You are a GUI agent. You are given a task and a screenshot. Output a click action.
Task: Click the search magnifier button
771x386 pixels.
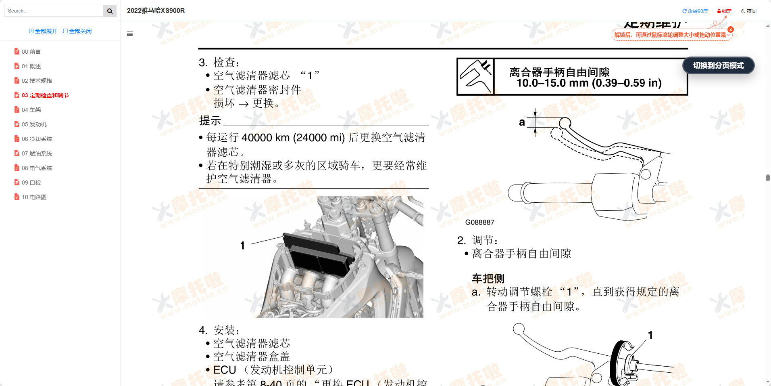pyautogui.click(x=110, y=11)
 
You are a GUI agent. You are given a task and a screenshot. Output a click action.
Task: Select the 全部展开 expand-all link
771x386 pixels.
pyautogui.click(x=43, y=31)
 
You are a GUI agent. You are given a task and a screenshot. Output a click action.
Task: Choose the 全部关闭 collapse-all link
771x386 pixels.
pyautogui.click(x=77, y=31)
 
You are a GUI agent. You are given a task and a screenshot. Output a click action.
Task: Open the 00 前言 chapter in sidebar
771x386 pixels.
pyautogui.click(x=31, y=52)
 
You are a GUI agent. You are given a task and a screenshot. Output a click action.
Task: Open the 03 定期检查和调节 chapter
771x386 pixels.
pyautogui.click(x=45, y=95)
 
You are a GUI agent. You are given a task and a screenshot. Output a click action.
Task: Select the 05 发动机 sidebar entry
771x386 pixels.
pyautogui.click(x=34, y=124)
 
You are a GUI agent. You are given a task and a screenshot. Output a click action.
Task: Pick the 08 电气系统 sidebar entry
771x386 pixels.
pyautogui.click(x=37, y=168)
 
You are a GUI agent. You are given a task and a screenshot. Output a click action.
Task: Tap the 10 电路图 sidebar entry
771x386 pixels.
pyautogui.click(x=34, y=197)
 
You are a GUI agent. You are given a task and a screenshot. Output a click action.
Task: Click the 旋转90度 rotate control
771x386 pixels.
pyautogui.click(x=695, y=11)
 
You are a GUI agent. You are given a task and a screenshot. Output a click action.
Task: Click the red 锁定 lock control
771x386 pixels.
pyautogui.click(x=724, y=11)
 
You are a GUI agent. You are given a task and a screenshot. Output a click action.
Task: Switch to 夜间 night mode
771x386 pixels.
pyautogui.click(x=749, y=11)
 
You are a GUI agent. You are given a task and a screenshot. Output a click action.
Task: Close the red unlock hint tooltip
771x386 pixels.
pyautogui.click(x=731, y=29)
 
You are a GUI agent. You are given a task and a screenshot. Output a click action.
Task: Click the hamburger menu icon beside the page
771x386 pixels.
pyautogui.click(x=130, y=34)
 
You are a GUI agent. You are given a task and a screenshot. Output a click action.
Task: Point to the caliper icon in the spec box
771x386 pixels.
pyautogui.click(x=476, y=77)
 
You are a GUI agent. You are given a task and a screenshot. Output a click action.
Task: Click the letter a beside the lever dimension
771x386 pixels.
pyautogui.click(x=522, y=122)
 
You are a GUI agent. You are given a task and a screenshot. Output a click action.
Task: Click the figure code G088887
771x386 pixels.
pyautogui.click(x=479, y=222)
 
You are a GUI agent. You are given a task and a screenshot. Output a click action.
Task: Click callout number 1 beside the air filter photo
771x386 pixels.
pyautogui.click(x=242, y=245)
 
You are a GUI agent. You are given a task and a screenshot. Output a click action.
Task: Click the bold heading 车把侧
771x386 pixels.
pyautogui.click(x=488, y=279)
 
